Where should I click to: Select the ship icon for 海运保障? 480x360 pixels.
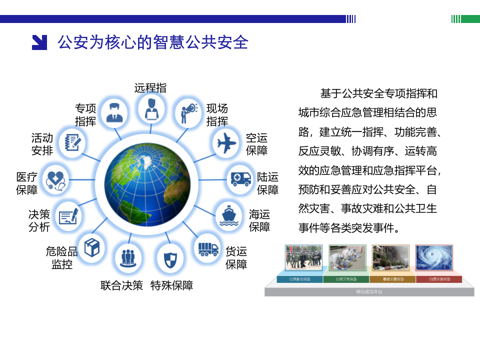tap(229, 215)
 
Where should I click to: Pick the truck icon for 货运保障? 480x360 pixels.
tap(208, 248)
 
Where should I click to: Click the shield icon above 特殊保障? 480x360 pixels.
tap(170, 259)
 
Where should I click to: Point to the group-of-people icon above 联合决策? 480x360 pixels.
tap(128, 258)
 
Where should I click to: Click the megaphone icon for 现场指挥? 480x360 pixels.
tap(188, 112)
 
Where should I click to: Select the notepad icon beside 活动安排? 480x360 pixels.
tap(72, 143)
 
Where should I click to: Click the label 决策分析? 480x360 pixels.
tap(39, 220)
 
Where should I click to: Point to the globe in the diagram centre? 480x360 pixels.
tap(148, 179)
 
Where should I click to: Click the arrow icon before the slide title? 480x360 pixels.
tap(39, 42)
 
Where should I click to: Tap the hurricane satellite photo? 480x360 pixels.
tap(434, 257)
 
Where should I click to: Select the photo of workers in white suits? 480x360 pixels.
tap(347, 257)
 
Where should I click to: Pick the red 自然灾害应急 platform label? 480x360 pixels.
tap(439, 279)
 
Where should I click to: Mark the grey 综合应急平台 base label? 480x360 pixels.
tap(369, 291)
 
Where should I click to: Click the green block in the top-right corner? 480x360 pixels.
tap(470, 19)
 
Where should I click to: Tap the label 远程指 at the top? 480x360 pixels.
tap(150, 88)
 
